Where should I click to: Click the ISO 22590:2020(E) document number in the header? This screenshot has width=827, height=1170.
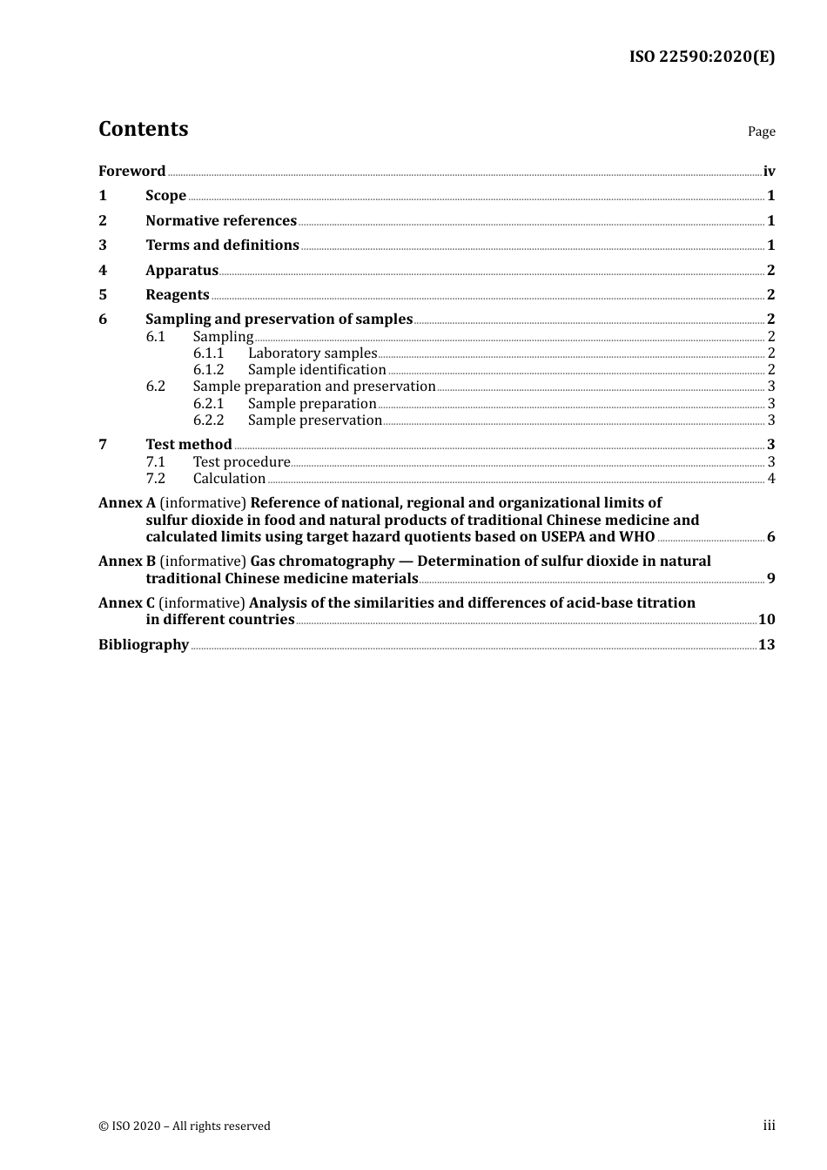(x=702, y=57)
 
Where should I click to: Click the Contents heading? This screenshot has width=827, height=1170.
(x=143, y=129)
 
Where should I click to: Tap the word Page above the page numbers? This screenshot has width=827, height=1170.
(x=761, y=131)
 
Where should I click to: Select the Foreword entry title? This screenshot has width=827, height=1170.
(x=131, y=171)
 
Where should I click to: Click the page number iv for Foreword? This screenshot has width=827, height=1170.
(x=769, y=171)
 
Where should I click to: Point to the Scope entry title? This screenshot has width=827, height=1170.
(x=165, y=196)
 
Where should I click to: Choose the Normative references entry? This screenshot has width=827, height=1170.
(x=221, y=221)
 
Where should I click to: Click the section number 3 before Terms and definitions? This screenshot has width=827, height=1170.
(x=103, y=245)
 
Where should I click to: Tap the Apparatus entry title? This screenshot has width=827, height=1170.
(x=182, y=271)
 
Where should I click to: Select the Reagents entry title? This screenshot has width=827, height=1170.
(x=178, y=295)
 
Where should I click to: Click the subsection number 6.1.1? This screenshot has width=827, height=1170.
(x=208, y=353)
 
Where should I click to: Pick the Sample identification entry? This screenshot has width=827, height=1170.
(x=317, y=370)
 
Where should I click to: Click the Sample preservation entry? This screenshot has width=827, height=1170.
(x=314, y=420)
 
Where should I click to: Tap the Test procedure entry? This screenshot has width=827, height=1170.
(x=241, y=462)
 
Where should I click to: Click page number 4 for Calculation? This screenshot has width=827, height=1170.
(x=771, y=479)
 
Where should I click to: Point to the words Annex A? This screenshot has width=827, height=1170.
(x=127, y=503)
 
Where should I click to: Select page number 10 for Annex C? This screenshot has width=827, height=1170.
(x=766, y=620)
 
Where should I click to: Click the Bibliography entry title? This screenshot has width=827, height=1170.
(x=144, y=645)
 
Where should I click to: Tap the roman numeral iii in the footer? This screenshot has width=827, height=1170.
(x=769, y=1126)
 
